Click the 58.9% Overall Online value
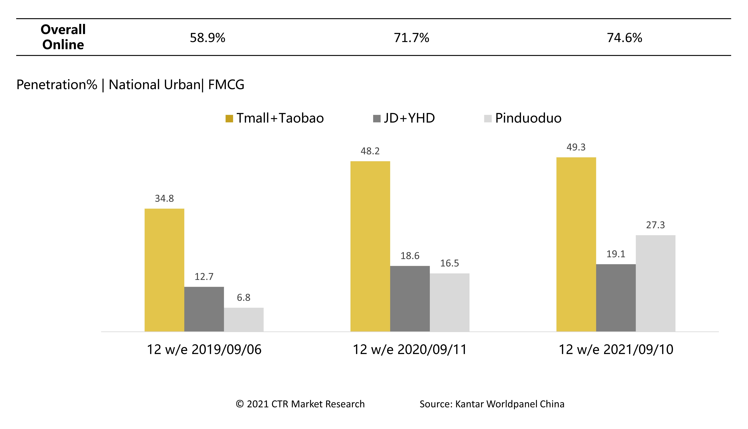point(207,38)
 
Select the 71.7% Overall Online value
point(412,38)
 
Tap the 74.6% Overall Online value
point(624,38)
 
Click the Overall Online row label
point(63,37)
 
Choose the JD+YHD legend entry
point(404,118)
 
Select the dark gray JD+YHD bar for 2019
point(204,309)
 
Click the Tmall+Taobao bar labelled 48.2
point(370,246)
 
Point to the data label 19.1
point(616,254)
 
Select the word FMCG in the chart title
point(226,85)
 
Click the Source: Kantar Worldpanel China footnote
point(492,404)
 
